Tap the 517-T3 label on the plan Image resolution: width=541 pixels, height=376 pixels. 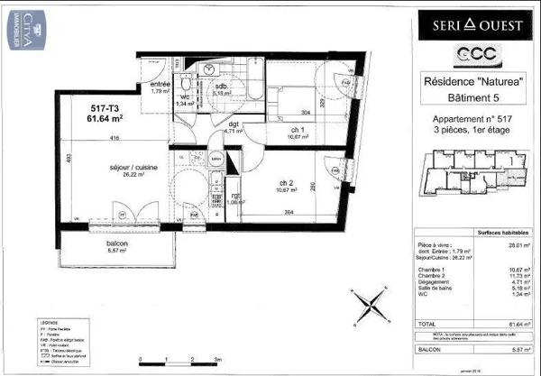78,107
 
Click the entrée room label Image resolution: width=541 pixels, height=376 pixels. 161,84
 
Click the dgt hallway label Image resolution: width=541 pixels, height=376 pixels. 232,124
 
